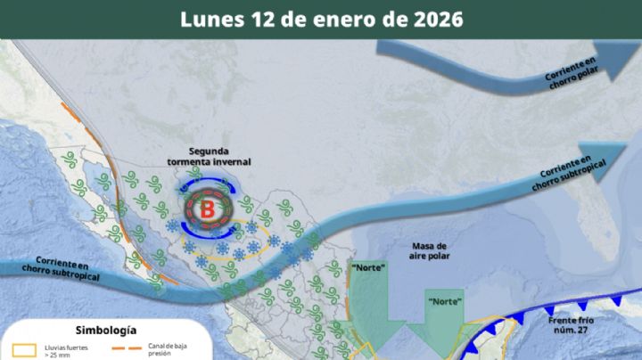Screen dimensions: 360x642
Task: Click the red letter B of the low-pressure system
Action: [207, 210]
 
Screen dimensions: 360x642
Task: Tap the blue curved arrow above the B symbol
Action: [207, 184]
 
